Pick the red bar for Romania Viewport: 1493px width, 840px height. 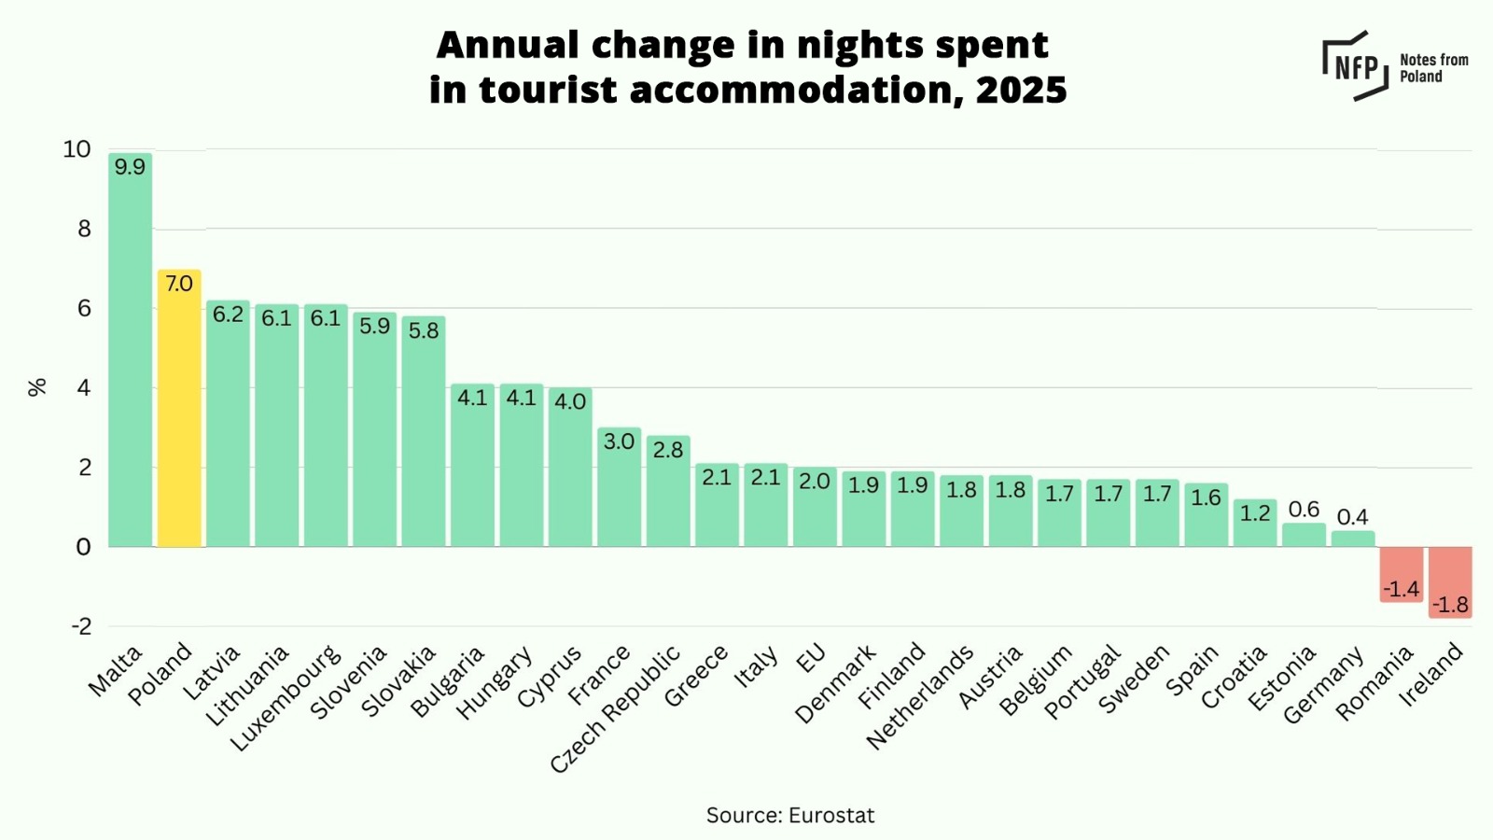coord(1402,571)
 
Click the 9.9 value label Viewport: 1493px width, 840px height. coord(130,167)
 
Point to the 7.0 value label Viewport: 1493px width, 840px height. coord(179,284)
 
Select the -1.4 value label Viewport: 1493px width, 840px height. coord(1402,589)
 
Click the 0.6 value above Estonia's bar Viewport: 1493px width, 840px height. coord(1304,510)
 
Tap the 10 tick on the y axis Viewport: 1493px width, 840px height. coord(77,149)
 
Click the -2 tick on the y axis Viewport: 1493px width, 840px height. coord(82,626)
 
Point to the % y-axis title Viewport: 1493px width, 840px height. coord(37,387)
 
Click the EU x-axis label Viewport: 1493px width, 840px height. coord(811,658)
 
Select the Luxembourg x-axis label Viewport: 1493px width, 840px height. coord(286,698)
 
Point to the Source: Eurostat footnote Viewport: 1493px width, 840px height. coord(790,816)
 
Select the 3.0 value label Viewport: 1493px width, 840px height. coord(619,441)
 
